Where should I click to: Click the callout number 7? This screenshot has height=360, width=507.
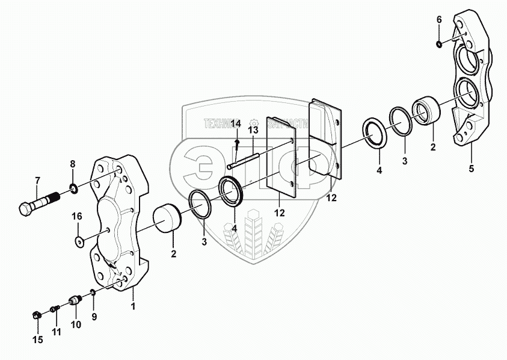[37, 180]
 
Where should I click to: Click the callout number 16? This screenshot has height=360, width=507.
[78, 216]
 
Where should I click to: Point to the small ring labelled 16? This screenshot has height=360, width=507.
[79, 241]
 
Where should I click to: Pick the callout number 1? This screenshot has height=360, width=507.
[133, 306]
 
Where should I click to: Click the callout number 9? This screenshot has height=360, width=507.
[93, 317]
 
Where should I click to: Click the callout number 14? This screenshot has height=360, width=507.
[236, 123]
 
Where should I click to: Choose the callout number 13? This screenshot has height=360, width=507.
[253, 129]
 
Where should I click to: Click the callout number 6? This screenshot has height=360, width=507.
[439, 20]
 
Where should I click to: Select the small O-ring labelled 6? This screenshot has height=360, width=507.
[438, 43]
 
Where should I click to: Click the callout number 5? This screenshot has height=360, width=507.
[471, 169]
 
